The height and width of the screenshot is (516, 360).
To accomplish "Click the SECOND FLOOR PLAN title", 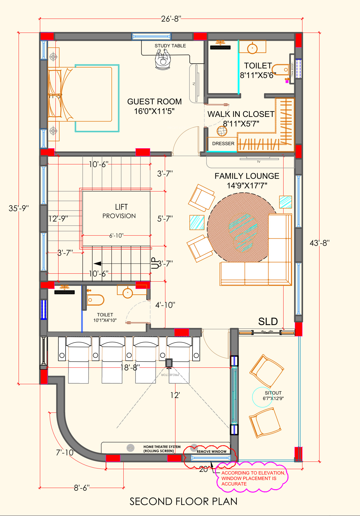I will [183, 501].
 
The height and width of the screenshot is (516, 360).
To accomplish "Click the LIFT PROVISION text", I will [119, 211].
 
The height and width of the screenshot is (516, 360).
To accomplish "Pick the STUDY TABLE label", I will [170, 46].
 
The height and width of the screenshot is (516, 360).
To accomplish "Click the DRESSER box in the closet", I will [223, 144].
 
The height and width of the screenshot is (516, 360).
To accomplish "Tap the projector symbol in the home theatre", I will [169, 363].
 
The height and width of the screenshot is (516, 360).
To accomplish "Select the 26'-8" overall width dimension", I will [171, 19].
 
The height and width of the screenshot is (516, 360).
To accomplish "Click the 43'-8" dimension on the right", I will [319, 243].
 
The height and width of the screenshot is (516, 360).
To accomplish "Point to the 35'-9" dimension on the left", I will [19, 208].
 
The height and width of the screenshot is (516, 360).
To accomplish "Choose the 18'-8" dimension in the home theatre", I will [130, 368].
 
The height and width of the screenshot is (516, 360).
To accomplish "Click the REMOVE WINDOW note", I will [211, 451].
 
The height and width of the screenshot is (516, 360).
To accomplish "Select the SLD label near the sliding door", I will [268, 321].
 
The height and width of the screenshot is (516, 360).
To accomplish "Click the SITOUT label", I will [273, 395].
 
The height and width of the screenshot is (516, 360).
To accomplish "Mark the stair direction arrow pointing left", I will [97, 264].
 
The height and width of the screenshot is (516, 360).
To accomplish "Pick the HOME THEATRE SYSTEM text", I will [162, 449].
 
